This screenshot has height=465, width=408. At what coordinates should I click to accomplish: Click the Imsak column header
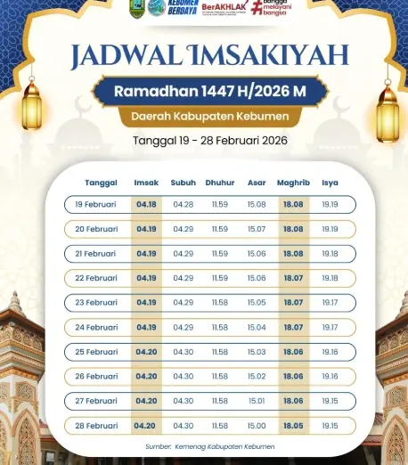[x=146, y=184]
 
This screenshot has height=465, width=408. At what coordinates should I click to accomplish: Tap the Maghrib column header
[x=293, y=184]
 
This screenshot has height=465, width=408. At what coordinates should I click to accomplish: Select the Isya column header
[x=330, y=184]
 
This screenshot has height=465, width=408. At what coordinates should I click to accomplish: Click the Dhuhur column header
[x=220, y=184]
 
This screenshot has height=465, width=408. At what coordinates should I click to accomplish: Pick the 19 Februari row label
[x=96, y=204]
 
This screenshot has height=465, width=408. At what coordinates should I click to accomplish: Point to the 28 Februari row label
[x=96, y=426]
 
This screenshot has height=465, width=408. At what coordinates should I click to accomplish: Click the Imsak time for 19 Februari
[x=146, y=204]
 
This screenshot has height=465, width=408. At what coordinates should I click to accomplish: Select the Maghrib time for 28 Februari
[x=293, y=426]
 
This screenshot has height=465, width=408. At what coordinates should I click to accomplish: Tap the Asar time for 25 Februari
[x=257, y=352]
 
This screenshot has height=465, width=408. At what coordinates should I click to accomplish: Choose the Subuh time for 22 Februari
[x=184, y=278]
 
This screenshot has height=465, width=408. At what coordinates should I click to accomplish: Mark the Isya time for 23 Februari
[x=330, y=303]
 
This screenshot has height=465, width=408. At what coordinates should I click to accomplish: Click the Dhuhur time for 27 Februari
[x=220, y=401]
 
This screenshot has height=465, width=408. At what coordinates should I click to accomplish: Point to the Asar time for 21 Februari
[x=257, y=254]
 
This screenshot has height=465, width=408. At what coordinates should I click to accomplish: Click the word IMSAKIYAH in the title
[x=267, y=55]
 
